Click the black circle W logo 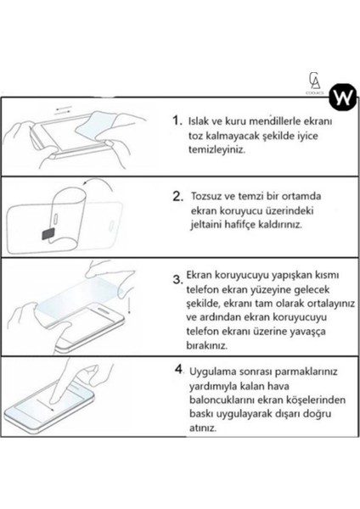pos(340,92)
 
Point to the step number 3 pos(177,278)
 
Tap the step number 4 pos(179,371)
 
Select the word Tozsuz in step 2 pos(211,197)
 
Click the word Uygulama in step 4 pos(215,372)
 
